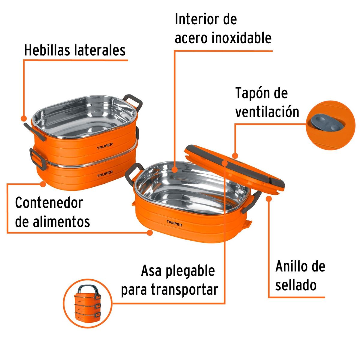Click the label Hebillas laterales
click(75, 50)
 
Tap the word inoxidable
click(241, 38)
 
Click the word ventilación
click(267, 112)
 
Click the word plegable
click(190, 271)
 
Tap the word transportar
click(184, 290)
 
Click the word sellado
click(296, 285)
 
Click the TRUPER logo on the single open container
click(174, 223)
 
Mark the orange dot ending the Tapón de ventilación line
click(235, 156)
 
